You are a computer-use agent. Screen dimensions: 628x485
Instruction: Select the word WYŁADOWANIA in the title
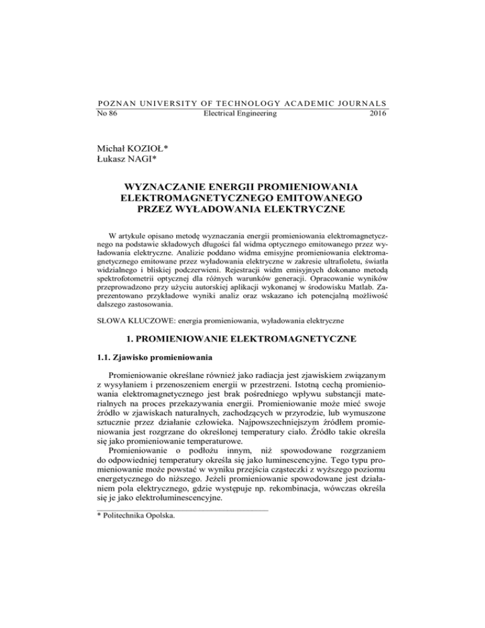coord(219,230)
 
